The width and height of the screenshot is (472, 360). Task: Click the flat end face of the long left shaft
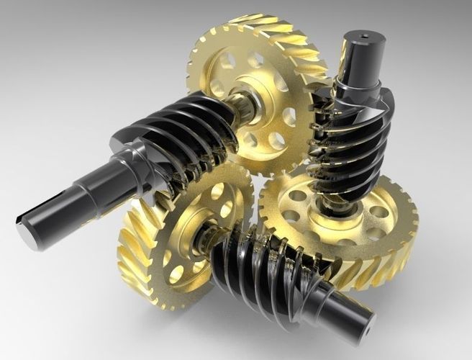pos(27,228)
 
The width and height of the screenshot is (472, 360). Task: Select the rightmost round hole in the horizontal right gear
pos(378,212)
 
